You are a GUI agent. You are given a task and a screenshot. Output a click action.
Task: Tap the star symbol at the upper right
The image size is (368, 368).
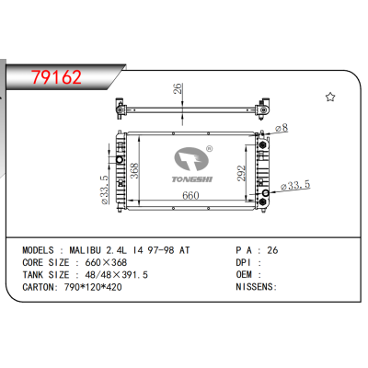coord(330,96)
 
